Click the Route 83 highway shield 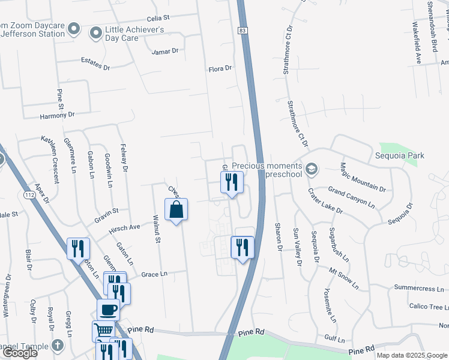point(241,29)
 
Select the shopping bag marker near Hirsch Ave point(176,210)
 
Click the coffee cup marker point(108,310)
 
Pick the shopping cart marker point(103,330)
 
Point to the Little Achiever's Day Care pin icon point(95,34)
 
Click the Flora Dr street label point(220,69)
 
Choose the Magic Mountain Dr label point(363,176)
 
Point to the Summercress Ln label point(418,289)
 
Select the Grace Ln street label point(154,274)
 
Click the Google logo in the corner point(19,353)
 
